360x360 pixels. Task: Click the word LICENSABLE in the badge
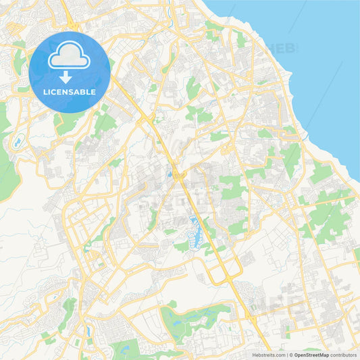click(70, 92)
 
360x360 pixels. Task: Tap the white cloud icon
click(70, 57)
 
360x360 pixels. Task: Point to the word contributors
click(343, 355)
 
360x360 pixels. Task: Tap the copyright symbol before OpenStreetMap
click(290, 355)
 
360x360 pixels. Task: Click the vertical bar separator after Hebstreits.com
click(286, 355)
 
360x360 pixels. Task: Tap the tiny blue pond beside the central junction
click(169, 174)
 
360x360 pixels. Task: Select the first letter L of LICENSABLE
click(45, 92)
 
